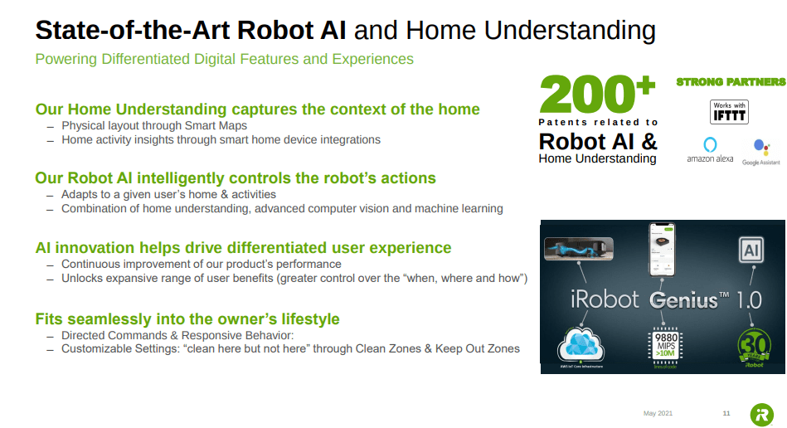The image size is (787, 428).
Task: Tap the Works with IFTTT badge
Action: (x=729, y=111)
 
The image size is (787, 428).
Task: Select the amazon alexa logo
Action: (x=710, y=150)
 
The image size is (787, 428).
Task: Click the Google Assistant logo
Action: (x=761, y=153)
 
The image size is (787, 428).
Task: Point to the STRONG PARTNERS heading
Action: (x=731, y=82)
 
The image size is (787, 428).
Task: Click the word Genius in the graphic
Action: (x=683, y=299)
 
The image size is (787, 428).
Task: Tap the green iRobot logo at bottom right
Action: (x=761, y=414)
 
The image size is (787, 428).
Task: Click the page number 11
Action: (x=726, y=413)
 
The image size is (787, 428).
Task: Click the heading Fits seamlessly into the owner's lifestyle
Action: (x=187, y=319)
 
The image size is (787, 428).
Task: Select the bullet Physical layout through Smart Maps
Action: (x=154, y=126)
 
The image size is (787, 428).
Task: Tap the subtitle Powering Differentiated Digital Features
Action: (x=224, y=59)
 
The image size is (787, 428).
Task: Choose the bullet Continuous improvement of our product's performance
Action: (x=202, y=264)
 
